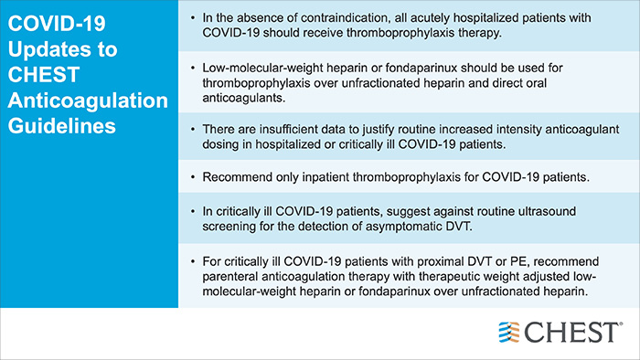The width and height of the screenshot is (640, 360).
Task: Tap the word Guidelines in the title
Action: (x=63, y=125)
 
